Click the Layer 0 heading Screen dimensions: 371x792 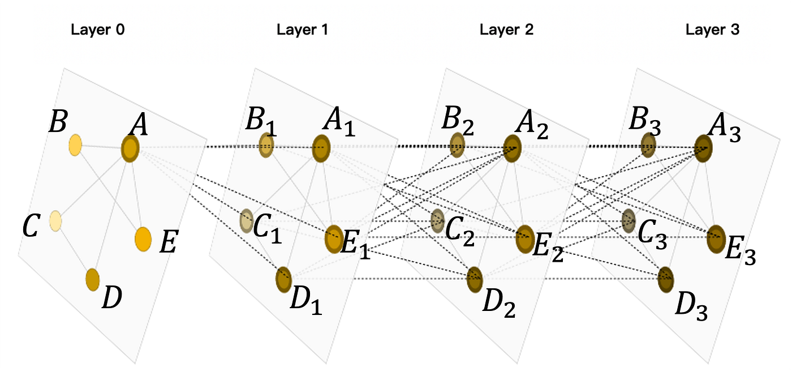click(x=97, y=30)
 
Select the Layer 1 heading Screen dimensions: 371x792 click(x=302, y=30)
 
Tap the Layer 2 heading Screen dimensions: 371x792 click(x=506, y=30)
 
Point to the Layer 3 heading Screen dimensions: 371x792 click(x=712, y=30)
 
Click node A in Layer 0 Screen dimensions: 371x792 click(x=130, y=149)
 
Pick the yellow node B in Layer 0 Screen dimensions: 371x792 click(x=75, y=146)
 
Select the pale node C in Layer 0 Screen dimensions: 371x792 click(x=55, y=220)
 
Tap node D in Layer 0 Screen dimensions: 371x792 click(x=93, y=279)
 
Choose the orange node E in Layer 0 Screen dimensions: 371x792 click(x=143, y=238)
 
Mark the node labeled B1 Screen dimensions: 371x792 click(x=266, y=145)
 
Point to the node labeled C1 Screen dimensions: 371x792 click(x=246, y=220)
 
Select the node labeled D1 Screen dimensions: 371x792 click(x=283, y=279)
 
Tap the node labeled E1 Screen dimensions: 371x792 click(x=334, y=240)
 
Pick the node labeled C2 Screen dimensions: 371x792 click(x=437, y=220)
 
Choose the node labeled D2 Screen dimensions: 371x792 click(x=475, y=279)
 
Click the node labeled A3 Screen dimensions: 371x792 click(x=704, y=148)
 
